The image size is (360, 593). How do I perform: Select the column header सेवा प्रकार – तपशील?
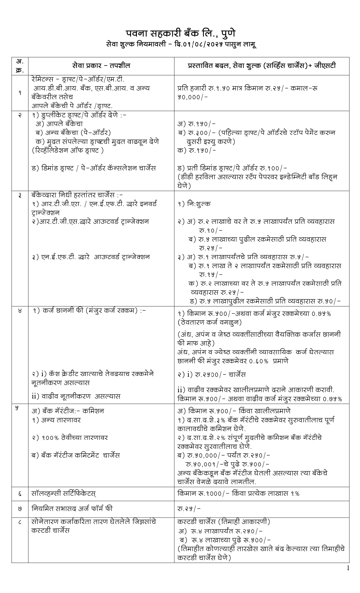point(101,66)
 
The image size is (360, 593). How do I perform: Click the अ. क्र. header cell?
point(20,66)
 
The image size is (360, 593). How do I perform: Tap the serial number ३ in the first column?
point(20,196)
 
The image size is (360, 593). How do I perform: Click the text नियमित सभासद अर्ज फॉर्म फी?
point(72,509)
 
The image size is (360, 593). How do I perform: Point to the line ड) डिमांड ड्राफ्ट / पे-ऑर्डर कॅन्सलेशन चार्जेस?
point(94,168)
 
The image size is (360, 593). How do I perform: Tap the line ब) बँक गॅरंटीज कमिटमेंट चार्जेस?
point(76,455)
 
